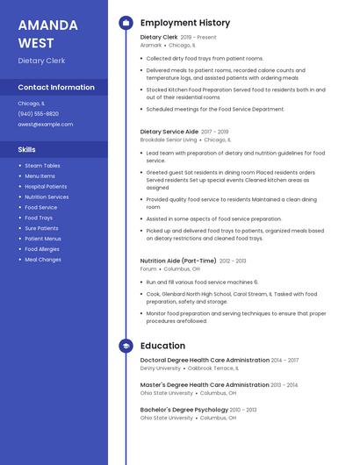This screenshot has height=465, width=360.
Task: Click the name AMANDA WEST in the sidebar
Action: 47,34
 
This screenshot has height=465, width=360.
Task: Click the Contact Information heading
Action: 56,88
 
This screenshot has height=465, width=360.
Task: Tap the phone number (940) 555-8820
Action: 39,114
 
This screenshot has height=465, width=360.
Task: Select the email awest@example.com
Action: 46,125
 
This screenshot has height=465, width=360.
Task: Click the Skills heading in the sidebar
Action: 27,150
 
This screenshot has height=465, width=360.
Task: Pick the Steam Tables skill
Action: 42,166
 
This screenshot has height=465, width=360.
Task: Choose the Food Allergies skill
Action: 42,249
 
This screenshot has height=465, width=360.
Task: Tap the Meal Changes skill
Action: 43,260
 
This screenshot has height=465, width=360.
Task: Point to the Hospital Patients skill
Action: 46,187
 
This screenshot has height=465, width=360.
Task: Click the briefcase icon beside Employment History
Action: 126,23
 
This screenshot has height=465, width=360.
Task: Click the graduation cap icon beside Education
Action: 126,346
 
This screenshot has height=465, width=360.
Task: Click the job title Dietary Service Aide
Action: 169,132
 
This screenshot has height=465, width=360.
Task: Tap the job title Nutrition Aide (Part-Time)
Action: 178,261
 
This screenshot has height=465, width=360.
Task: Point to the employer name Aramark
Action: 151,45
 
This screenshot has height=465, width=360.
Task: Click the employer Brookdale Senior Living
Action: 169,139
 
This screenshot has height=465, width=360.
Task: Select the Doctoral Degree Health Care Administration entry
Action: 205,361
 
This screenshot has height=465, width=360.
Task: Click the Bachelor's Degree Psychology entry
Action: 184,410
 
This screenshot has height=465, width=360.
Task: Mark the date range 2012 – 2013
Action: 233,261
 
